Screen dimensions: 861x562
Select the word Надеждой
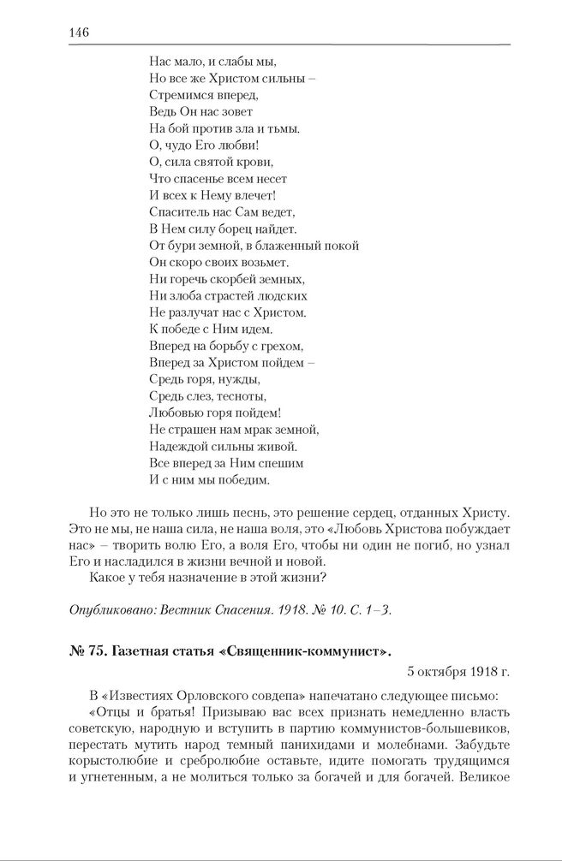click(178, 446)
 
